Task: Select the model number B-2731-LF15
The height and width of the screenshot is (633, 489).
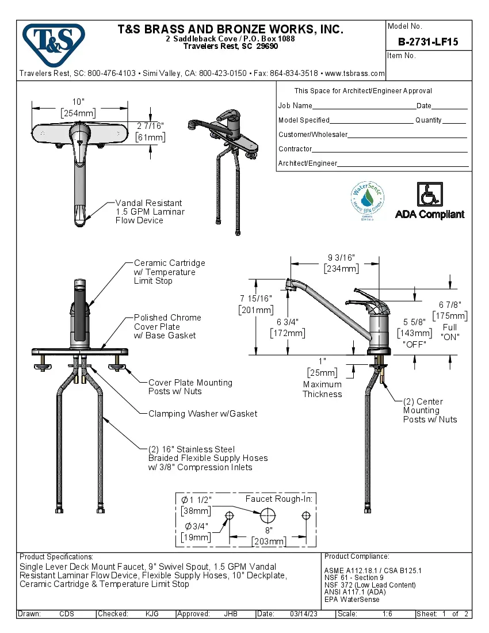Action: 428,41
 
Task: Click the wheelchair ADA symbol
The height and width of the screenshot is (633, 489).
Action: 429,194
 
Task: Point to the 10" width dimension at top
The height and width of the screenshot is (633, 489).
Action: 78,102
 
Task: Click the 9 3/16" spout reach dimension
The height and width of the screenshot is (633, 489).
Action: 342,258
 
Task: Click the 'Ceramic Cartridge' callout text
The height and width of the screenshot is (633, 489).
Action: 169,263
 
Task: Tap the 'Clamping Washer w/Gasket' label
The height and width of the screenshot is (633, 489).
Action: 203,414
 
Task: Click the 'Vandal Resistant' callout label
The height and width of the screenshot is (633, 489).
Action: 148,203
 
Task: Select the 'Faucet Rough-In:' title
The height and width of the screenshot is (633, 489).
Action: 278,499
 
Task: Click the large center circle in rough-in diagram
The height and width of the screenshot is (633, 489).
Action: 268,514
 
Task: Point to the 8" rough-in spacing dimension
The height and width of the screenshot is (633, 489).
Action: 268,529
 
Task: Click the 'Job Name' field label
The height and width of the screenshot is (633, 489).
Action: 295,106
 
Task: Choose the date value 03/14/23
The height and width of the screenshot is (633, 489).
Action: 303,614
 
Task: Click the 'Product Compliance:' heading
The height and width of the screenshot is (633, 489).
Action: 357,556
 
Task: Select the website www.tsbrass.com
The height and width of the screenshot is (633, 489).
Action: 354,74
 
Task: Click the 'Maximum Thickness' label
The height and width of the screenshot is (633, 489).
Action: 322,389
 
